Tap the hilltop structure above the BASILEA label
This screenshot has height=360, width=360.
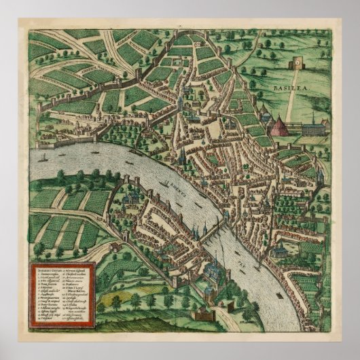pos(296,65)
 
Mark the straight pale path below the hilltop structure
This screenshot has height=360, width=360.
pos(291,102)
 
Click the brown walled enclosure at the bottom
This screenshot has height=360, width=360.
pos(204,315)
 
